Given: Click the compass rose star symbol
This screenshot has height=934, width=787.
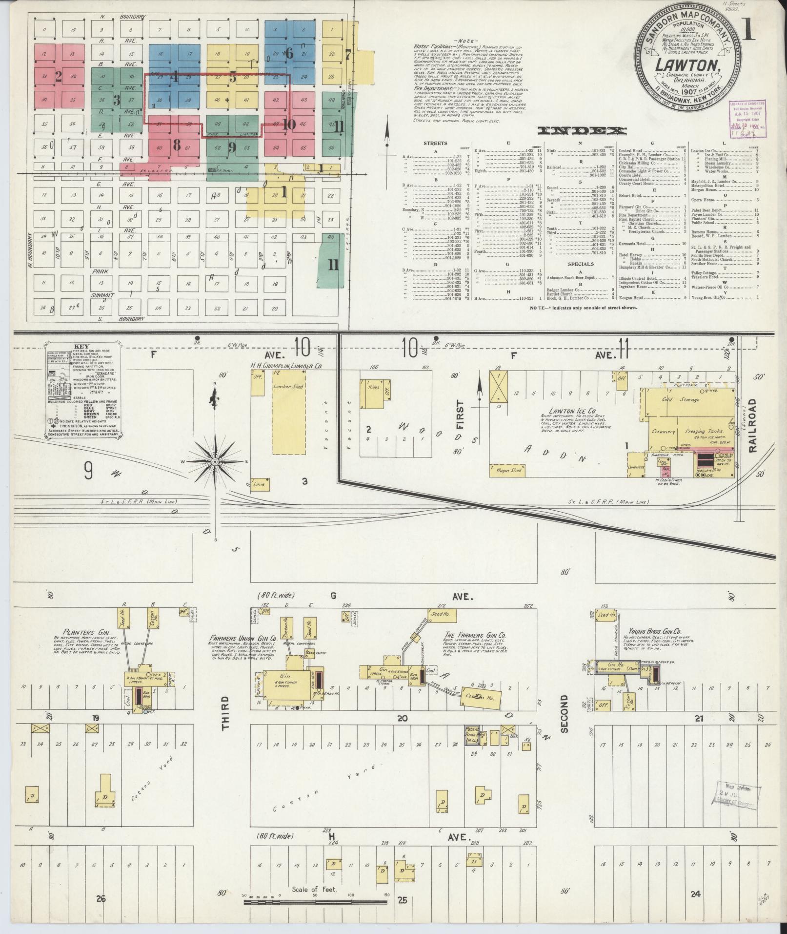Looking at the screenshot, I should coord(215,461).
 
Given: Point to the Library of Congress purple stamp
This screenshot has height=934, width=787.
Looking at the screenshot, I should coord(747,118).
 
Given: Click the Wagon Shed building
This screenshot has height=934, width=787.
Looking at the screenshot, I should coord(509,470).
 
